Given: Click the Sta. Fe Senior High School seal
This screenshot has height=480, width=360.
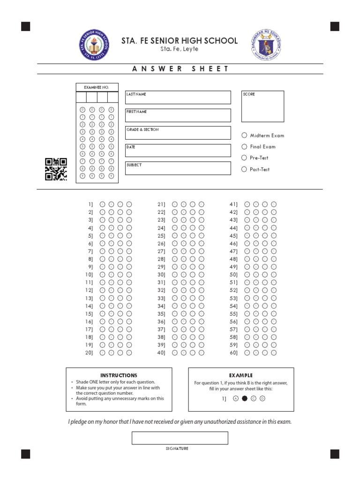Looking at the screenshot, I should tap(94, 45).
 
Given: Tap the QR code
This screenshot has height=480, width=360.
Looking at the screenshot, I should tap(56, 169).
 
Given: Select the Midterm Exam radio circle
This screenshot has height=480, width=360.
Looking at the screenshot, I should tap(244, 135).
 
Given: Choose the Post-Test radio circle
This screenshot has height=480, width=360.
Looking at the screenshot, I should tap(244, 169).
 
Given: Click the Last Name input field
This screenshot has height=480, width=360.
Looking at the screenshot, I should tap(178, 97).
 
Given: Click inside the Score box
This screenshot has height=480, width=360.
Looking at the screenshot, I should tap(262, 106).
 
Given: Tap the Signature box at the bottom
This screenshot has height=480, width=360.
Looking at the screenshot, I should tap(180, 438).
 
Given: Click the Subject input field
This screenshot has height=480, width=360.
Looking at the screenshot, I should tap(178, 168).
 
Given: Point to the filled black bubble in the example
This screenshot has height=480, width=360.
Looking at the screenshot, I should tap(244, 399).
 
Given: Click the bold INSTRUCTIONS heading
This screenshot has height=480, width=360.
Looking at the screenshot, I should tap(119, 375).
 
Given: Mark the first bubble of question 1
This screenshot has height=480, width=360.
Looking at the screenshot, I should tap(102, 204).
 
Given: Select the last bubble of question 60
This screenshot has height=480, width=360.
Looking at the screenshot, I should tap(274, 353).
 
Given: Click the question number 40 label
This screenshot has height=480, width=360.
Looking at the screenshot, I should tap(161, 353).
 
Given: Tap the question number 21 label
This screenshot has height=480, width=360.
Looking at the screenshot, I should tap(161, 204).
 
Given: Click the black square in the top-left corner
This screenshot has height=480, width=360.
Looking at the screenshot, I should tap(26, 26).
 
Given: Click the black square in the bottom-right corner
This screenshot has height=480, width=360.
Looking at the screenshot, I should tap(335, 453).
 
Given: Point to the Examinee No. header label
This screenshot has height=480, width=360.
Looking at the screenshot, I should tap(96, 88).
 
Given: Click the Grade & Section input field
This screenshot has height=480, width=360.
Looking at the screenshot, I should tap(178, 133).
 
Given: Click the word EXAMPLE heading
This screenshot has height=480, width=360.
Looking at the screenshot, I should tap(241, 375).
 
